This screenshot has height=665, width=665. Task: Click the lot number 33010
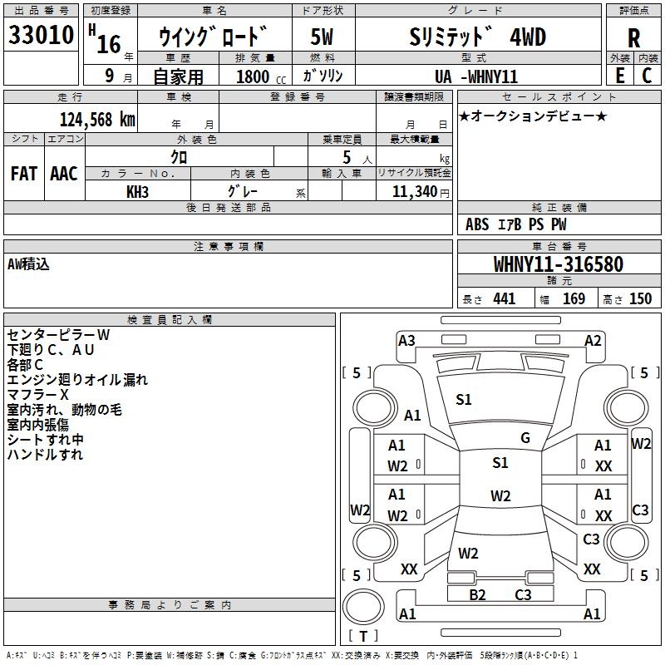(41, 37)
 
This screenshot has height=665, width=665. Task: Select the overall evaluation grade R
(633, 38)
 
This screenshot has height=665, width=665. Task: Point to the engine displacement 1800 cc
(258, 76)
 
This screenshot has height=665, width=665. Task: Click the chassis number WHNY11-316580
(558, 265)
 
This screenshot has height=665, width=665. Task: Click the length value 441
(504, 298)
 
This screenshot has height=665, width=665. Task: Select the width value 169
(574, 298)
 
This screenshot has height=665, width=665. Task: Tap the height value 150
(640, 298)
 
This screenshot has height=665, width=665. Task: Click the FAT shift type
(23, 173)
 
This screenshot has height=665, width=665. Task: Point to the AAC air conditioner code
(64, 173)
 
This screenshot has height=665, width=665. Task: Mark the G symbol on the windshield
(525, 438)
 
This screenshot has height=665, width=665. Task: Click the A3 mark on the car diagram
(406, 340)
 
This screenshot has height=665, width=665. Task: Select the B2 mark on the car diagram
(477, 594)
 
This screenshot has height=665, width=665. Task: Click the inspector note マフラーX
(37, 394)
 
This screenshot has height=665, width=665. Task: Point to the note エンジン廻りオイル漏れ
(77, 379)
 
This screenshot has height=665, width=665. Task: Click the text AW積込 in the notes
(29, 264)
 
